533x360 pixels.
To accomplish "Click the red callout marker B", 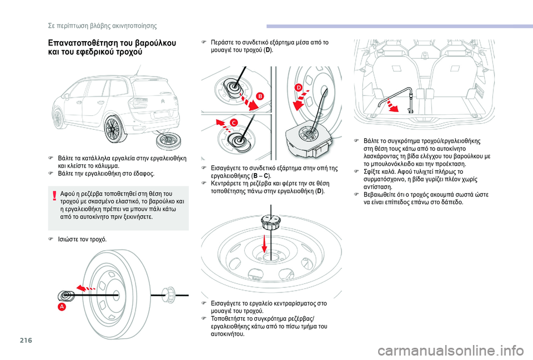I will tap(259, 96).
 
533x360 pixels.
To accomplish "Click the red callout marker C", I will tap(234, 122).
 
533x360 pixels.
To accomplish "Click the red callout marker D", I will tap(299, 88).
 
